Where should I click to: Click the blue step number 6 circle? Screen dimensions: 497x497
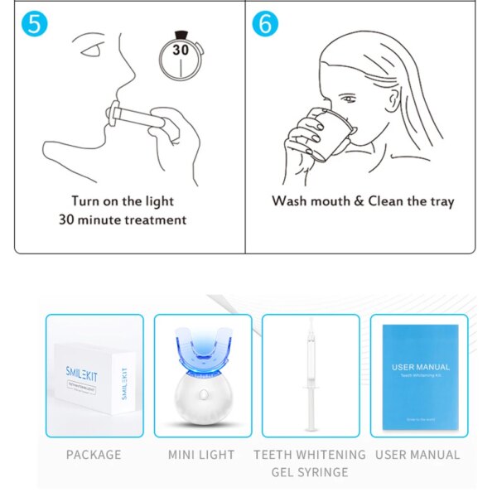[x=265, y=23]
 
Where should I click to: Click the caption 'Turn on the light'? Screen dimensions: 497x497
[x=123, y=200]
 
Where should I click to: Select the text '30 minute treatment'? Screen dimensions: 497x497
[x=123, y=220]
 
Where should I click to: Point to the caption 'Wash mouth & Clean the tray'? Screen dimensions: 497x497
[x=363, y=201]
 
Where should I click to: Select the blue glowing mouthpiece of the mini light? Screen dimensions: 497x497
[x=203, y=352]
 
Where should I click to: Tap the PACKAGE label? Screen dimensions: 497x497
[x=94, y=455]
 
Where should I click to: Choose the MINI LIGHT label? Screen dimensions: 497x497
[x=201, y=455]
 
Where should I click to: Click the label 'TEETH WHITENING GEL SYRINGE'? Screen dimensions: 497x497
[x=310, y=463]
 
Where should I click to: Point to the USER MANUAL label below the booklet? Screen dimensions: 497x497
[x=417, y=455]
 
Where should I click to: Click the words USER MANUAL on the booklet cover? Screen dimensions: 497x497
[x=421, y=367]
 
